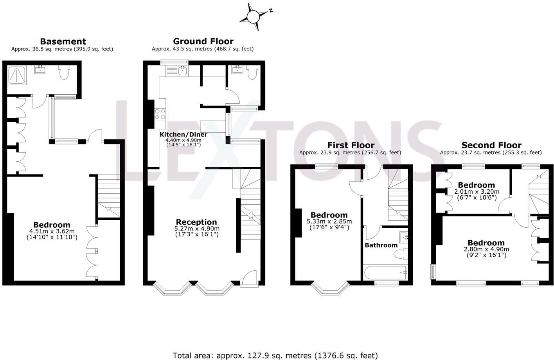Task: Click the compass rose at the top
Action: [253, 16]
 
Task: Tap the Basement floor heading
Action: [63, 41]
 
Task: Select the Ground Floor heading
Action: [203, 41]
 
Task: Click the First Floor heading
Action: [351, 145]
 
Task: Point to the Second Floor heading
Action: [491, 145]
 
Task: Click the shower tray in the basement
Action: [17, 75]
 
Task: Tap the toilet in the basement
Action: [64, 72]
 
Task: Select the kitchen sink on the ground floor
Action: [182, 71]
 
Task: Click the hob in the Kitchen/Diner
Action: [160, 114]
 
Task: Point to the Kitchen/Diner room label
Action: [183, 135]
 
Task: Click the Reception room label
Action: [196, 222]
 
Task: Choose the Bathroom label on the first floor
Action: [381, 245]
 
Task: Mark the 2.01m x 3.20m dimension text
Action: [477, 192]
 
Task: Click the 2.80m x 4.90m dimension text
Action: [486, 249]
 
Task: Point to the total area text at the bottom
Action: [275, 355]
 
